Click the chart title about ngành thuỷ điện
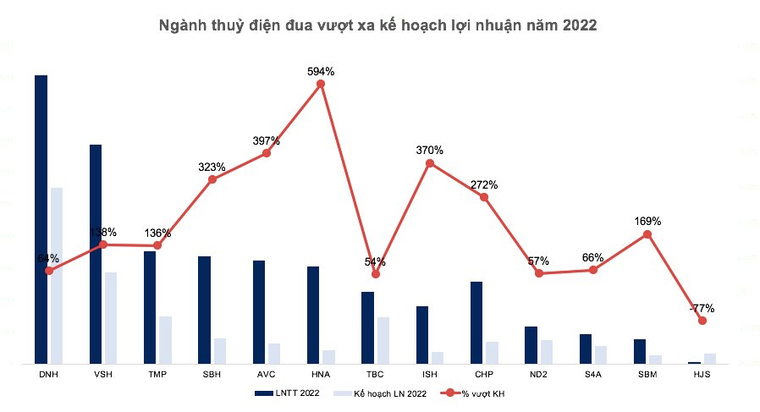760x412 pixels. (378, 25)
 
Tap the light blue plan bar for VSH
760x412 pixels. (111, 317)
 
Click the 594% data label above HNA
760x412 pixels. (321, 72)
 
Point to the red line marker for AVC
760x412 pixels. (267, 153)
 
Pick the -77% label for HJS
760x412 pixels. (702, 308)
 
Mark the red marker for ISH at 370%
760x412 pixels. (430, 162)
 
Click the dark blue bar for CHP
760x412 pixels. (476, 321)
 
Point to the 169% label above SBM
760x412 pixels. (647, 221)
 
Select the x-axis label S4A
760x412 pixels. (593, 373)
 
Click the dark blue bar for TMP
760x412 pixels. (150, 306)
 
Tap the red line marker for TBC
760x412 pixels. (376, 274)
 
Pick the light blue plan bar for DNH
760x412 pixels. (57, 275)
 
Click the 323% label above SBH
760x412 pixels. (212, 167)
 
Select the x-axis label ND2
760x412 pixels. (538, 373)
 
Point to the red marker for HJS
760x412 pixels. (702, 321)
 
